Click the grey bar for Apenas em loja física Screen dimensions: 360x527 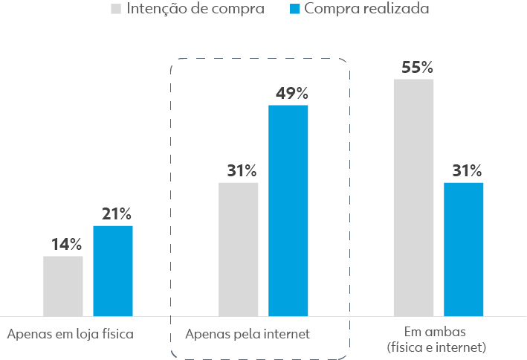pos(63,286)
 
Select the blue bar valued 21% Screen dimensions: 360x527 pos(113,271)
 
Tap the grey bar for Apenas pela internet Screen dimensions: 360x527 pos(239,249)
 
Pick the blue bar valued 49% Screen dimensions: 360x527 pos(288,210)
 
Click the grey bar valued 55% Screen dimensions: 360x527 pos(414,197)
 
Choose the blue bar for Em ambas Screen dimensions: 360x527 pos(464,249)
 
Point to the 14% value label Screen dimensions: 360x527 pos(66,244)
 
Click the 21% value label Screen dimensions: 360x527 pos(116,214)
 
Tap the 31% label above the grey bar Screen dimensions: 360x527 pos(242,170)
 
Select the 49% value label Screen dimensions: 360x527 pos(291,94)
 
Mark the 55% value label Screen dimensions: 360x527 pos(417,67)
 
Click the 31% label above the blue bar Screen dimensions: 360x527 pos(467,170)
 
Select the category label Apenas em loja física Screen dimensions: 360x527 pos(70,334)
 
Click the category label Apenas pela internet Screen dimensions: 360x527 pos(248,334)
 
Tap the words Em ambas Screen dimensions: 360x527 pos(436,331)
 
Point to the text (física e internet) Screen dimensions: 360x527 pos(436,347)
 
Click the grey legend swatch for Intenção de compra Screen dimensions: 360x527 pos(116,10)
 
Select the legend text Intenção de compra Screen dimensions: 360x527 pos(195,10)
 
